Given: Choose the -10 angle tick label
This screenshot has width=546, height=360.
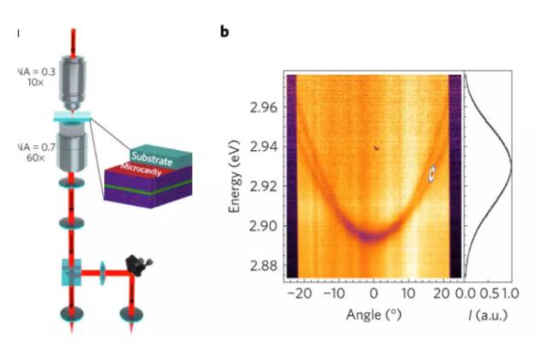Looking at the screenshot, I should tap(334, 293).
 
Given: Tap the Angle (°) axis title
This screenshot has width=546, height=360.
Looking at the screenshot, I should tap(374, 314).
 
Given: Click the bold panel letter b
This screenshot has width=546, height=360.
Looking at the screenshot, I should tap(224, 32).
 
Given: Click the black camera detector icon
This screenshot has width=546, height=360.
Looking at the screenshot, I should tap(133, 264).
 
